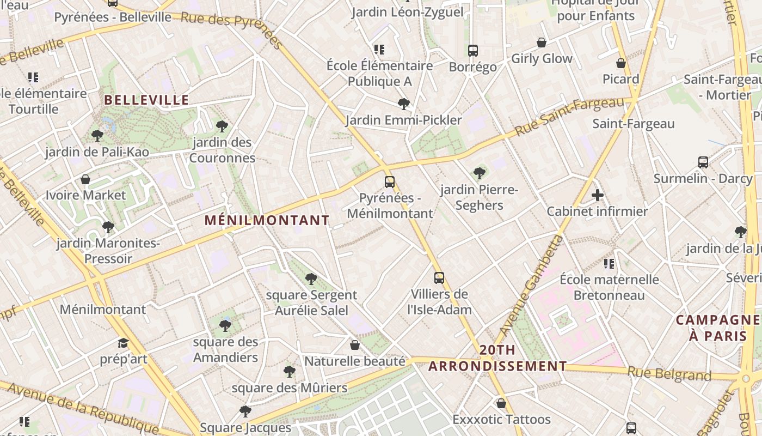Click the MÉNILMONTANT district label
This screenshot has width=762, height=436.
point(267,220)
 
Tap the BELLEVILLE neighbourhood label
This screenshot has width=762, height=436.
point(146,100)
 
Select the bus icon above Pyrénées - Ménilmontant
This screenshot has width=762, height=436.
point(390,182)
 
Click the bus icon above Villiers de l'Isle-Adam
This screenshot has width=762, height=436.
point(439,278)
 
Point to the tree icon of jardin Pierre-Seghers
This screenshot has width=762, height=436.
point(479,173)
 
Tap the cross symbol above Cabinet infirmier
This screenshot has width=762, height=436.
point(598,195)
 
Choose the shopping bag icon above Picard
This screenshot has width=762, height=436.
point(621,63)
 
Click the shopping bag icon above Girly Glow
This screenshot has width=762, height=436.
point(542,43)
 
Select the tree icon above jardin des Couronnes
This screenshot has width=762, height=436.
point(222,126)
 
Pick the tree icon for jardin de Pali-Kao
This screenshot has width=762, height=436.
point(97,135)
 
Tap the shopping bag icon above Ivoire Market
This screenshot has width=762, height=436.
point(85,179)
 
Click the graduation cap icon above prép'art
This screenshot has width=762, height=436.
point(124,343)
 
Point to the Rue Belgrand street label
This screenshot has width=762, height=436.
point(669,374)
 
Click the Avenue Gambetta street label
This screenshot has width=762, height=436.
point(531,286)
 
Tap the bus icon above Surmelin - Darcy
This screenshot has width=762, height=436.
point(703,162)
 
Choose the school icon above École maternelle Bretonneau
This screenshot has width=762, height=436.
point(609,264)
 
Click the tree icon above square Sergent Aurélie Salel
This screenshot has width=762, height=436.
point(311,279)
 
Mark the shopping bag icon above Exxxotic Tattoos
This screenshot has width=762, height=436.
point(501,403)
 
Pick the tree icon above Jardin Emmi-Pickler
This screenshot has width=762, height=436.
point(403,104)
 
